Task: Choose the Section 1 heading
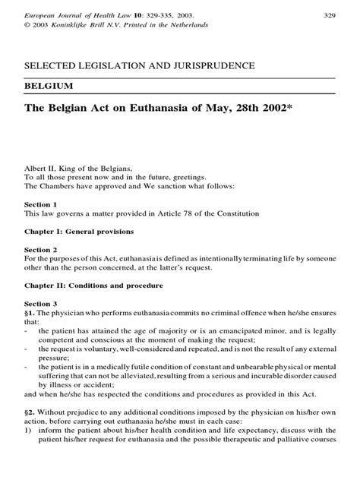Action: point(41,205)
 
